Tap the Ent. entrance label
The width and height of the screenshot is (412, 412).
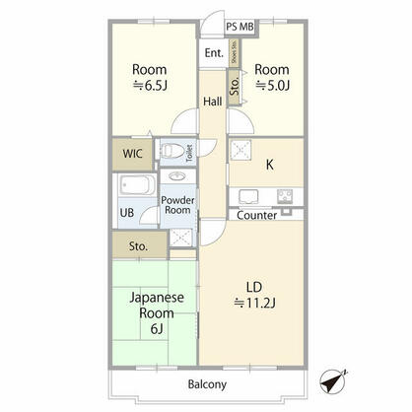[214, 53]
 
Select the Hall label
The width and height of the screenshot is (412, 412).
[213, 102]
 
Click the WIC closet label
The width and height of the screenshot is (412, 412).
[131, 153]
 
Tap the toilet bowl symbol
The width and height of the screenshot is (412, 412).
[174, 153]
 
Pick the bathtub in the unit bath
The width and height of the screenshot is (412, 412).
[132, 187]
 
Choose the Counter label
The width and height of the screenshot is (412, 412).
[257, 215]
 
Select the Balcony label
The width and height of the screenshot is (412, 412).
[207, 383]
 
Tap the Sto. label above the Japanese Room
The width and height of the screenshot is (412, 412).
[137, 244]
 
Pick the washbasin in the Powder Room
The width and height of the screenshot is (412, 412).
[177, 177]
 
